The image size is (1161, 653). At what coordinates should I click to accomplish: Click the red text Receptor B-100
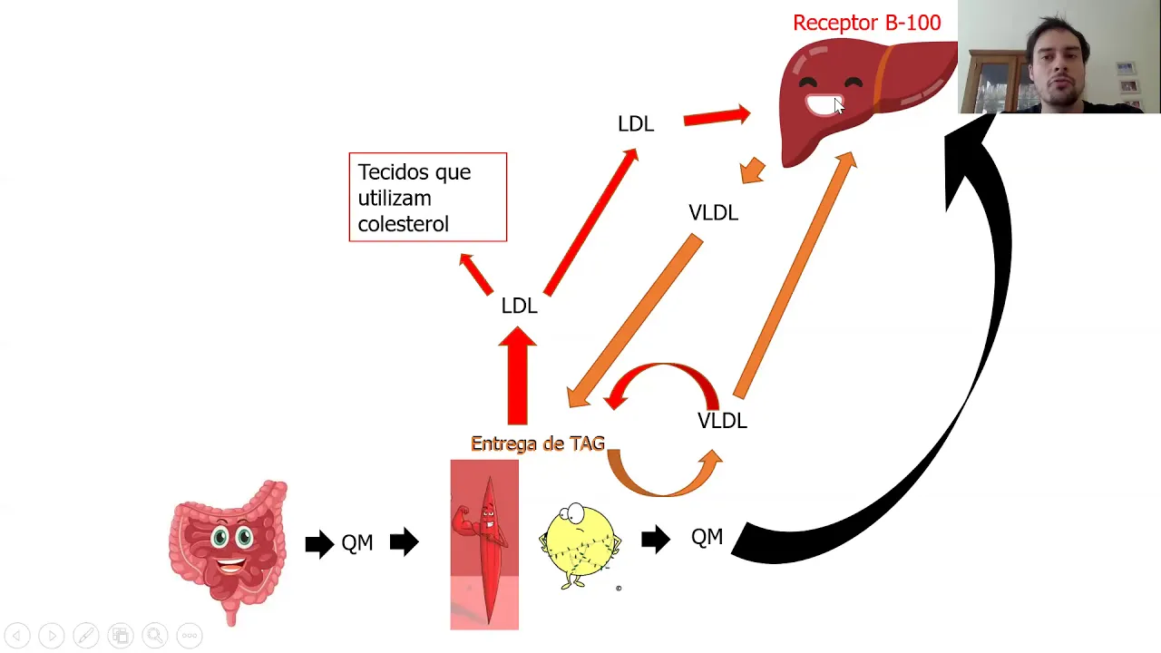click(x=866, y=23)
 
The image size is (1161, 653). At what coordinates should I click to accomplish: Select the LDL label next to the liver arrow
click(x=635, y=123)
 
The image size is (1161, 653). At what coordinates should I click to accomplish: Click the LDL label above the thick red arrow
click(x=519, y=306)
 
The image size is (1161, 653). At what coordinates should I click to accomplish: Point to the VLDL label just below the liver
click(x=713, y=212)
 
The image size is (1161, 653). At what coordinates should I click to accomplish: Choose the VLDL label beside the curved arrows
click(x=722, y=420)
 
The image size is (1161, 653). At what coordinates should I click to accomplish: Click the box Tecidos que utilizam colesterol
click(x=427, y=197)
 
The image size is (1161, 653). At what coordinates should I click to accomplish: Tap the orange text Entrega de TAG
click(x=537, y=443)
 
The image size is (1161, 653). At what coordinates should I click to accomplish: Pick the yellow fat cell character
click(x=580, y=544)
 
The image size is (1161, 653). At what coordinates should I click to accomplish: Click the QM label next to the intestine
click(x=356, y=543)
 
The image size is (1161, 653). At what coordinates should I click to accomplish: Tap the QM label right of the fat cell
click(x=707, y=537)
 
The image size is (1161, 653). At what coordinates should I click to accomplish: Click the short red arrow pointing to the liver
click(x=717, y=116)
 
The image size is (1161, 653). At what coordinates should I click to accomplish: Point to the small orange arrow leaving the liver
click(x=752, y=171)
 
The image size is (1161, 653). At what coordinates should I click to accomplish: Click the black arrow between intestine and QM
click(x=318, y=544)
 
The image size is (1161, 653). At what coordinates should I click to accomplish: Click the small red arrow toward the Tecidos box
click(x=474, y=274)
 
